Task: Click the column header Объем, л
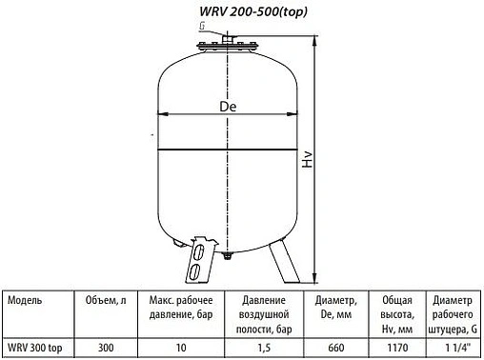coord(101,298)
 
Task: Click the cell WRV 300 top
coord(35,348)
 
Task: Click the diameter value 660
coord(335,348)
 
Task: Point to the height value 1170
coord(394,348)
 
